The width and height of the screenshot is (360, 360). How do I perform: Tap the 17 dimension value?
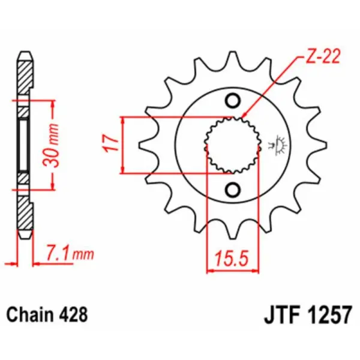[110, 145]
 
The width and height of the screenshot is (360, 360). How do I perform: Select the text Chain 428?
[47, 314]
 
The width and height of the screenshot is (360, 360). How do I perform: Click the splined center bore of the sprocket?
[233, 145]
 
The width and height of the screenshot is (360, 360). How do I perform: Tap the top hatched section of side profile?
[23, 78]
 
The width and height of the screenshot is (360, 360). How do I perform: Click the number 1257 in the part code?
[329, 314]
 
